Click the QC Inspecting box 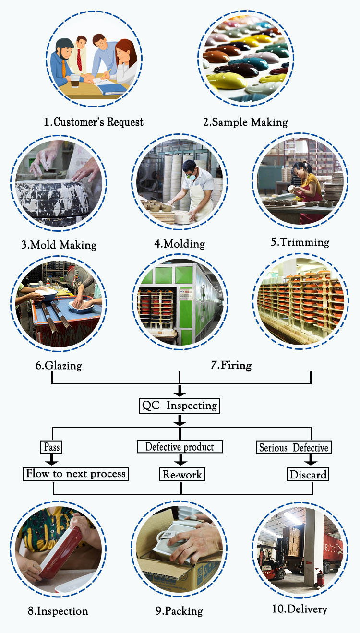180,406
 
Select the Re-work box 182,475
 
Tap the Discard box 308,475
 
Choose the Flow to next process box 76,474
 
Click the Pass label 52,447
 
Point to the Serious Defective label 294,447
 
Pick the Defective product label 180,447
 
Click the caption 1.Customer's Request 94,122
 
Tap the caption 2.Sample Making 245,122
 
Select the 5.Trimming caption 300,242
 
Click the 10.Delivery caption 300,609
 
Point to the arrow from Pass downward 52,460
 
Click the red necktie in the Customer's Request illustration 79,58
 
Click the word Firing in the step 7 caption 236,365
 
